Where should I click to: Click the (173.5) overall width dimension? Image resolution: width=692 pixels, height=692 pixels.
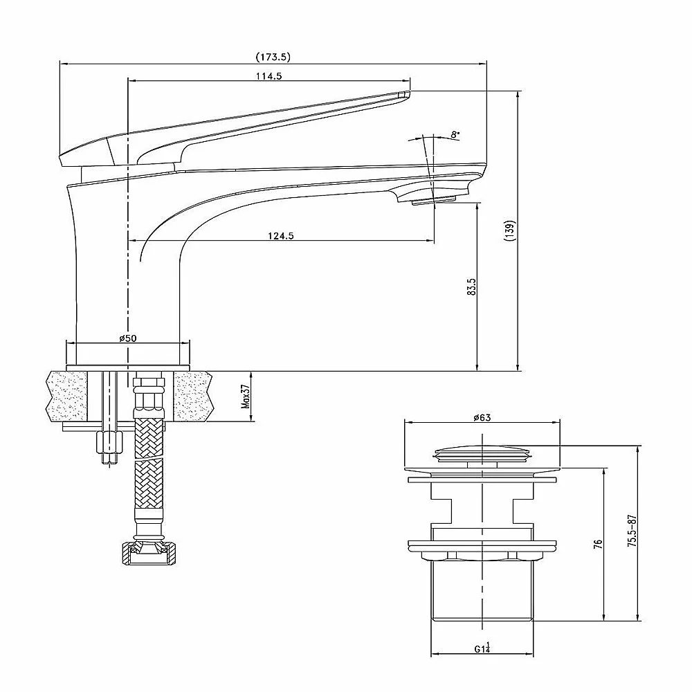coord(273,57)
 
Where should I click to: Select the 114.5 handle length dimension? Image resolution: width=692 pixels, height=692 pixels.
coord(268,76)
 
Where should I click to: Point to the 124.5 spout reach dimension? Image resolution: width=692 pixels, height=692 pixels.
coord(281,236)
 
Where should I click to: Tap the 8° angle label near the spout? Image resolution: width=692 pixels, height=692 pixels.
coord(455,135)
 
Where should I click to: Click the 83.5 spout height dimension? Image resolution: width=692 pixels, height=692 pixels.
coord(472,287)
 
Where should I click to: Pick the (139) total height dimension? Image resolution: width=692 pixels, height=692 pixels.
coord(511,230)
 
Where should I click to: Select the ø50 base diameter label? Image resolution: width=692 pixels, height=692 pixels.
coord(128,338)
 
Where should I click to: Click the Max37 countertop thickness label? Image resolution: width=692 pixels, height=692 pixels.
coord(246,397)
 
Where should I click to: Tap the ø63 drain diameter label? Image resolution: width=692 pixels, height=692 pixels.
coord(482,417)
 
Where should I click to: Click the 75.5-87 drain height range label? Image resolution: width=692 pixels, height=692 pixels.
coord(632,531)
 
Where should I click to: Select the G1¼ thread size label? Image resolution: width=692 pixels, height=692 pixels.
coord(482,648)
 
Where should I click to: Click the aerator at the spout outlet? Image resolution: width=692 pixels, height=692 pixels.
coord(434,201)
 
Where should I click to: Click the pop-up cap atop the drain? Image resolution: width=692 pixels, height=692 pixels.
coord(482,454)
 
